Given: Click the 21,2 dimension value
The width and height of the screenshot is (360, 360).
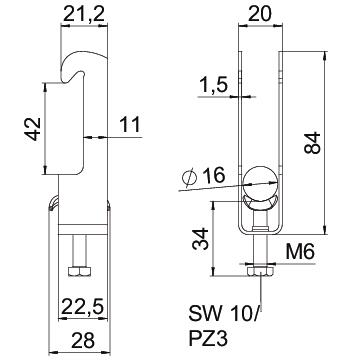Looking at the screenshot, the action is (x=84, y=15).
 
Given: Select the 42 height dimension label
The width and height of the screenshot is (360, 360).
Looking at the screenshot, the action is (x=34, y=129).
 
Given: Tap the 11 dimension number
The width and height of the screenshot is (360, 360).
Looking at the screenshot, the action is (x=130, y=125).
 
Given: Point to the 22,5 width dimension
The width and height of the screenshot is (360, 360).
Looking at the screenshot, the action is (x=82, y=306).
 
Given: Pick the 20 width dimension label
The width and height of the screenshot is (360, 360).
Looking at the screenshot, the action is (x=259, y=14).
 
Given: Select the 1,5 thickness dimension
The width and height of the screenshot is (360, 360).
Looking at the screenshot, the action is (x=213, y=86).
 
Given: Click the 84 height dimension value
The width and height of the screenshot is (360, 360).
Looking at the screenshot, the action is (x=312, y=142).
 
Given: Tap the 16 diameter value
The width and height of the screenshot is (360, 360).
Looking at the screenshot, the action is (x=214, y=175).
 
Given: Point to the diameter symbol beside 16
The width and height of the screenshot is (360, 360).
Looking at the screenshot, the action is (x=190, y=178).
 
